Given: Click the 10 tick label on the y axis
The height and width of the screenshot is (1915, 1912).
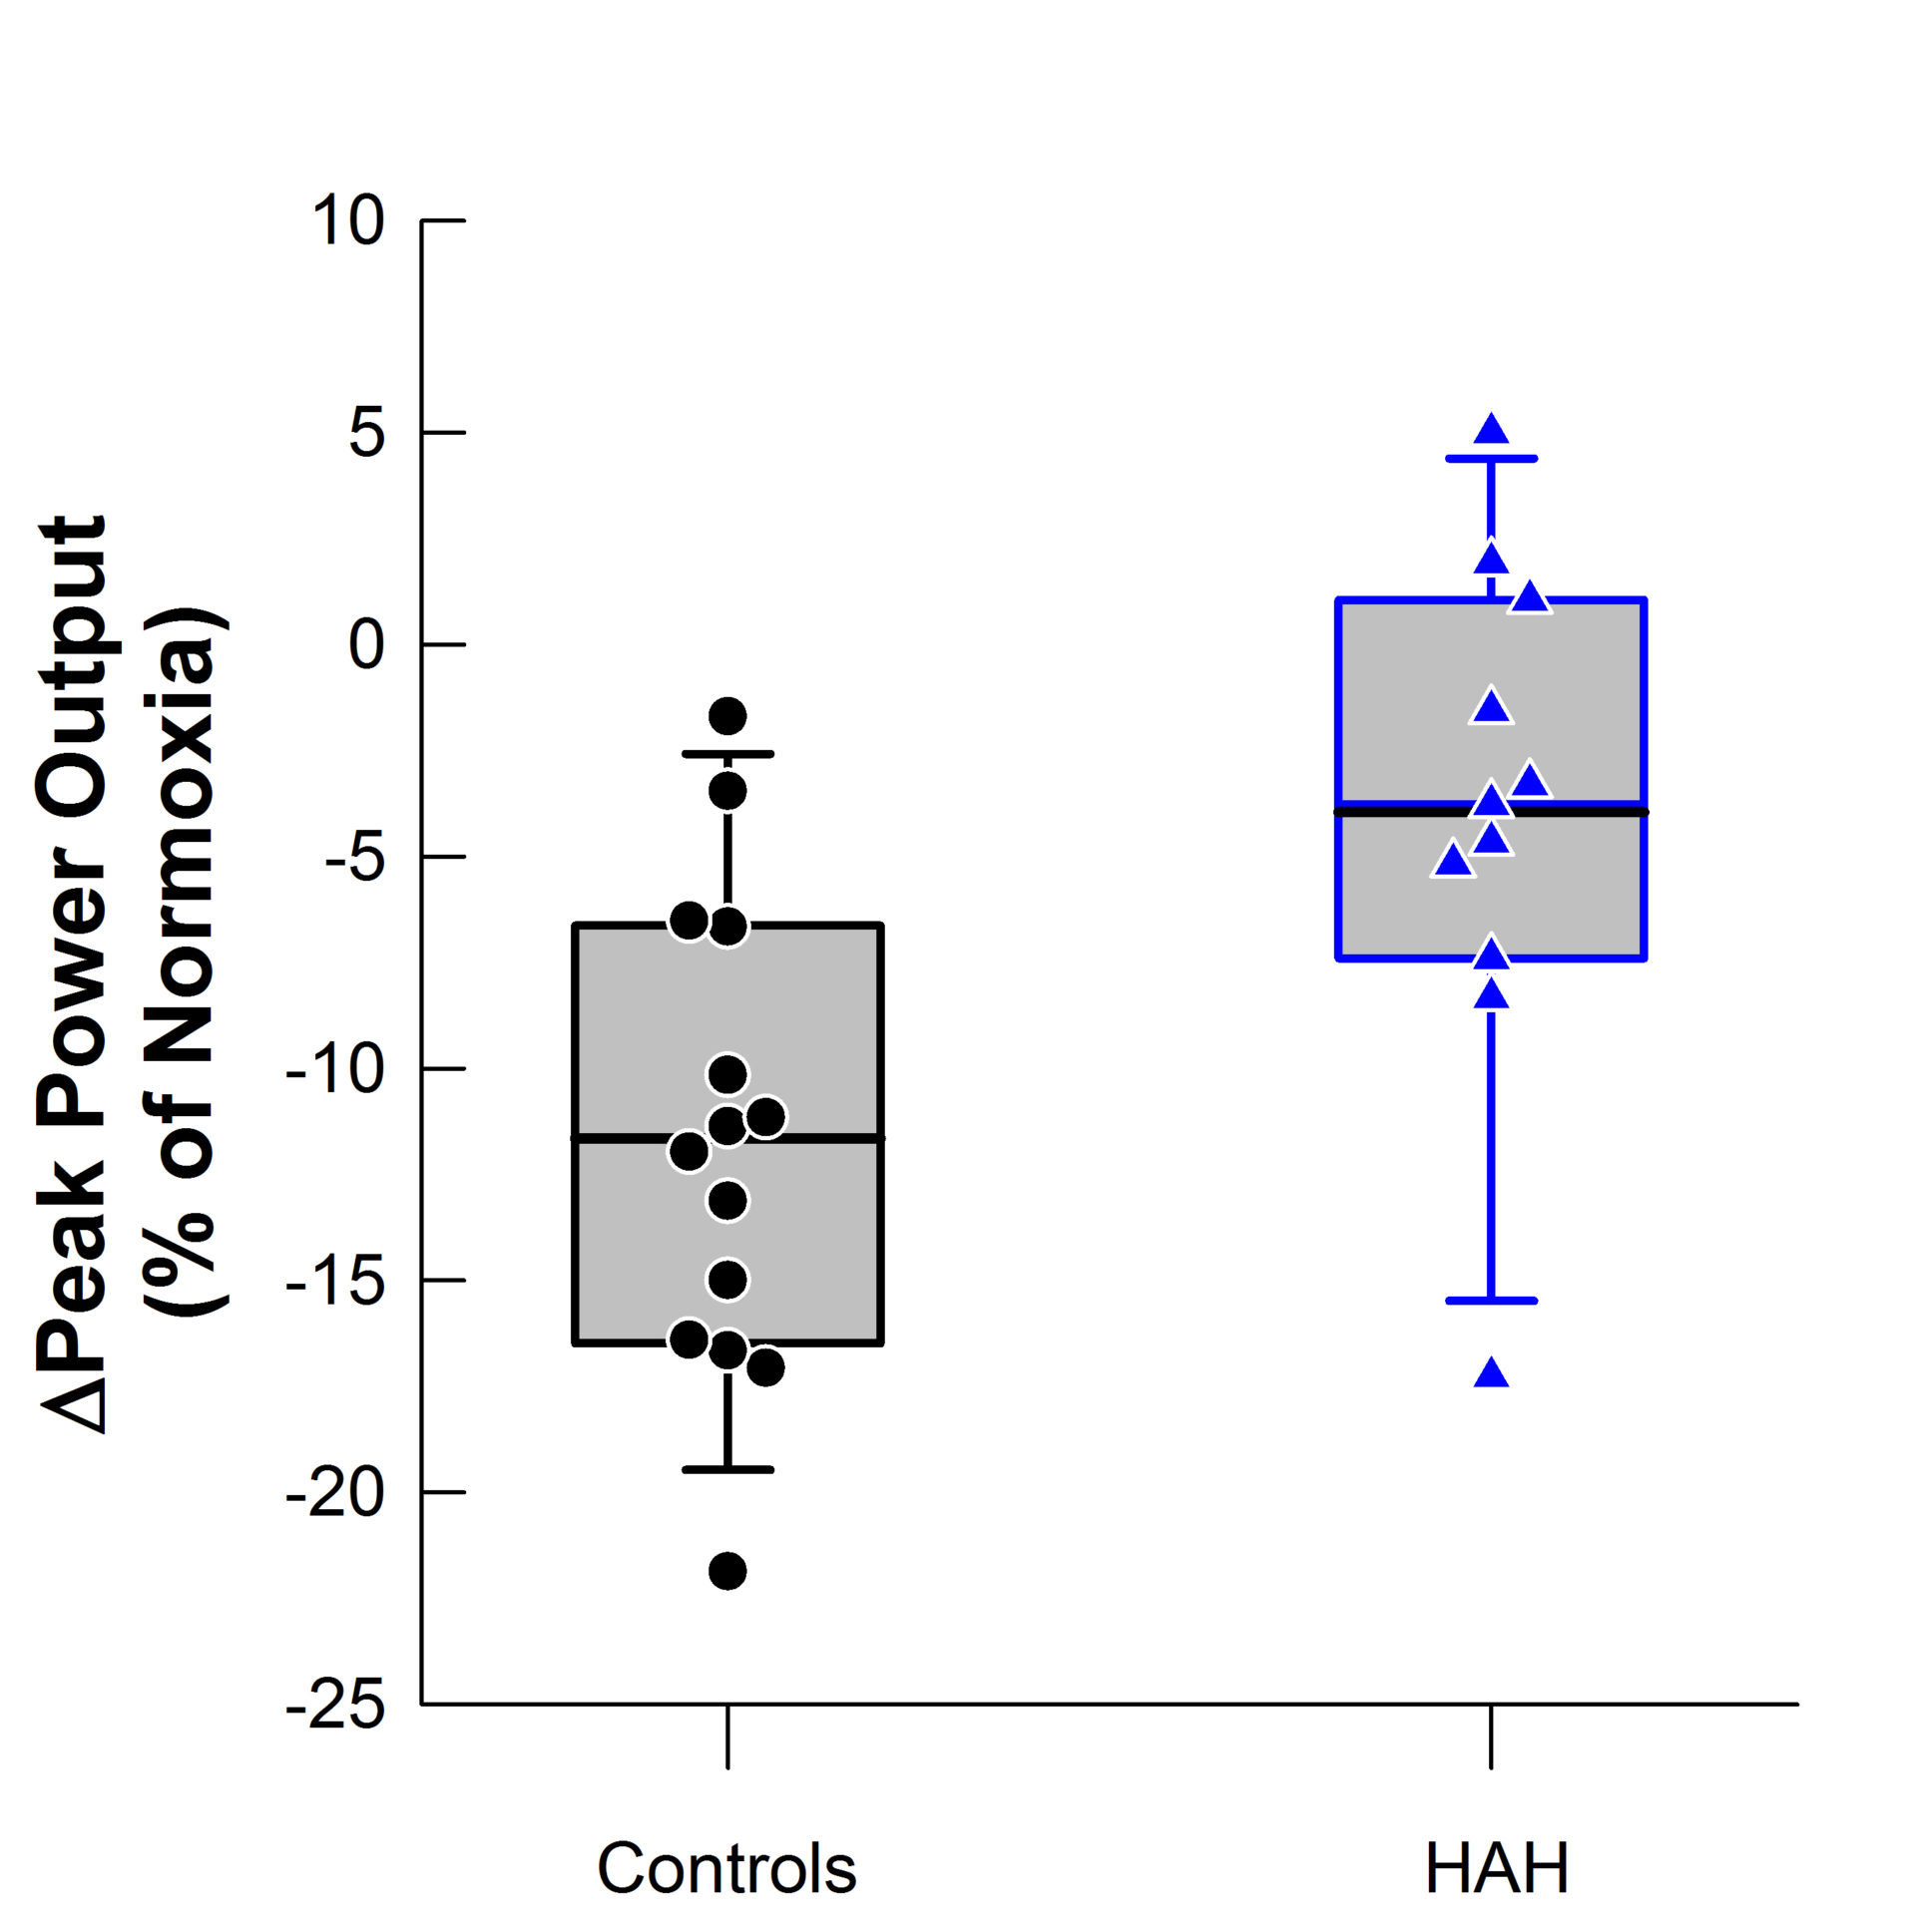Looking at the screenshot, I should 347,220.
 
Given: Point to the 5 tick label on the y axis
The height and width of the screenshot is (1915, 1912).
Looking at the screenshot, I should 366,433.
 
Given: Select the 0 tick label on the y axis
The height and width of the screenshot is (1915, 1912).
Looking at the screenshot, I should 366,644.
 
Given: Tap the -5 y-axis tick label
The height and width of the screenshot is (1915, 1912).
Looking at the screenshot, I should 354,857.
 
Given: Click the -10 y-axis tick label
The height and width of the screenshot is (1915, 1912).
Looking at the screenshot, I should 335,1069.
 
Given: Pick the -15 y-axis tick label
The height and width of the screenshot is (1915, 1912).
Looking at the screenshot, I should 335,1281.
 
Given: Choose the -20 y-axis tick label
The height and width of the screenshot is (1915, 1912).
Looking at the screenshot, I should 335,1493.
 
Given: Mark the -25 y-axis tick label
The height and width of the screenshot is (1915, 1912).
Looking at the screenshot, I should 335,1706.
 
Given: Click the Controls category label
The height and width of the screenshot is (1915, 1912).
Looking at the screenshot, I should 726,1868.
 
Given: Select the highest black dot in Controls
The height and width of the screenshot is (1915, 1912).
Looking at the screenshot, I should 727,715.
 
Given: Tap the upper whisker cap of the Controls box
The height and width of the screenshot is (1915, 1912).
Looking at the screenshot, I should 727,754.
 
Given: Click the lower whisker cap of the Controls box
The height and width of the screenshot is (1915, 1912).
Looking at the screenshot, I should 727,1469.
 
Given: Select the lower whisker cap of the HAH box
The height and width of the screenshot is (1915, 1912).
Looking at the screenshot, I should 1492,1301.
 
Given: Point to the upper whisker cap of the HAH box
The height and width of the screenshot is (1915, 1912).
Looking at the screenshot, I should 1492,459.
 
